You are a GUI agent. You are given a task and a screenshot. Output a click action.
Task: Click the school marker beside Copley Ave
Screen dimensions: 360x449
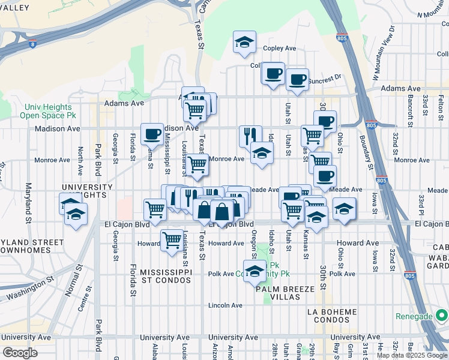click(x=244, y=43)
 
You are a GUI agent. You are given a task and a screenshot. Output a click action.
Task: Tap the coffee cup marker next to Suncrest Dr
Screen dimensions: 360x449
click(x=297, y=80)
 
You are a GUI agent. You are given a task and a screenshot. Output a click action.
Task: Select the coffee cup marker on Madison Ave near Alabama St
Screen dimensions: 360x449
click(x=152, y=134)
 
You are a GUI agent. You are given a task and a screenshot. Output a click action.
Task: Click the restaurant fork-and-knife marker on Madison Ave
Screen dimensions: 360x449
click(x=250, y=136)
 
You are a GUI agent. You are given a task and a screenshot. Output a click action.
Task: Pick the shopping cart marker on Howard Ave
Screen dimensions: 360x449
click(x=172, y=240)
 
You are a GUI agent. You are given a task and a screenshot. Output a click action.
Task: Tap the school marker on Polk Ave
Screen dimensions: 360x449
click(x=255, y=271)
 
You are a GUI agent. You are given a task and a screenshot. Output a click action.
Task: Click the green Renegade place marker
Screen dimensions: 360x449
click(x=441, y=316)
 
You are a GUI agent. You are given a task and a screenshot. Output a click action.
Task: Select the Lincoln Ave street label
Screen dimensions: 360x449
click(x=225, y=305)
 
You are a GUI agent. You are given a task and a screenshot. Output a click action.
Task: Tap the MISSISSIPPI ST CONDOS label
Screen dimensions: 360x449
click(x=166, y=277)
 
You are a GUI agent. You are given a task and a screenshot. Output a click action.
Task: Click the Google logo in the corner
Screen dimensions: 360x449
click(x=20, y=352)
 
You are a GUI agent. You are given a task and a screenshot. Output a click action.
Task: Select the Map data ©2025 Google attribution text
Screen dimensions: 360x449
click(x=411, y=355)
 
